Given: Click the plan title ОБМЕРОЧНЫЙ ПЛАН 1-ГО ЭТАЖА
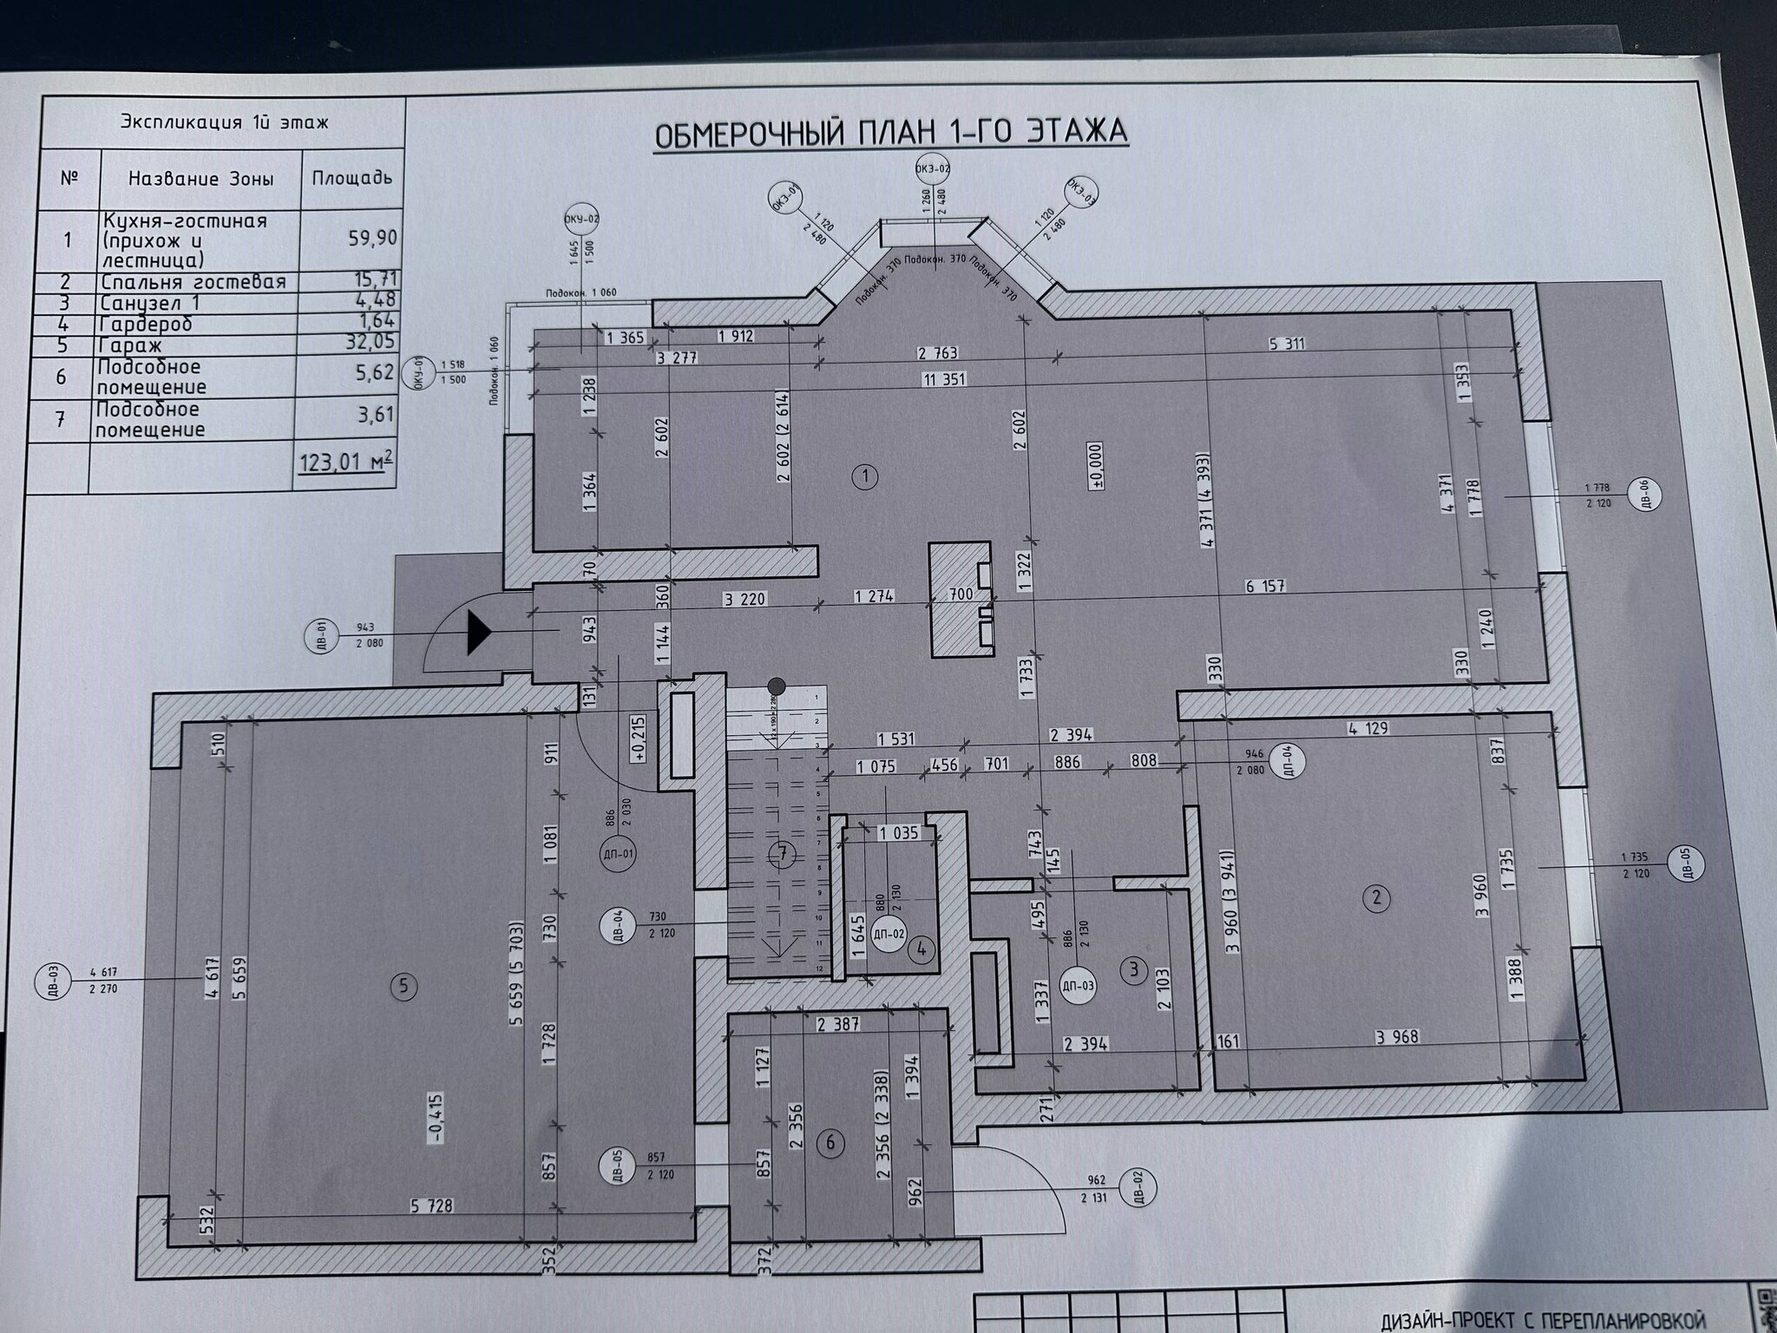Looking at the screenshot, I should [x=889, y=133].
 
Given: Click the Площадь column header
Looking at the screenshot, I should [x=351, y=179].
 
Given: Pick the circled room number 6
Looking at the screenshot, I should [x=830, y=1143].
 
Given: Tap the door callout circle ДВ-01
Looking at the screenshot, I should [x=320, y=635].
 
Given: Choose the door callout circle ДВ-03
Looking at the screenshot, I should [x=50, y=982].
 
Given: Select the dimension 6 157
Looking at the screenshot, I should [x=1264, y=587].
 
